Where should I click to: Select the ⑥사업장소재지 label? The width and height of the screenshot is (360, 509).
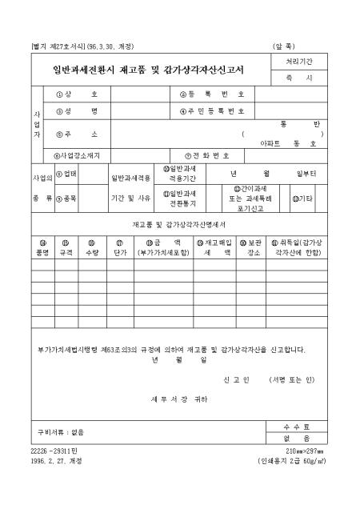pyautogui.click(x=80, y=155)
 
